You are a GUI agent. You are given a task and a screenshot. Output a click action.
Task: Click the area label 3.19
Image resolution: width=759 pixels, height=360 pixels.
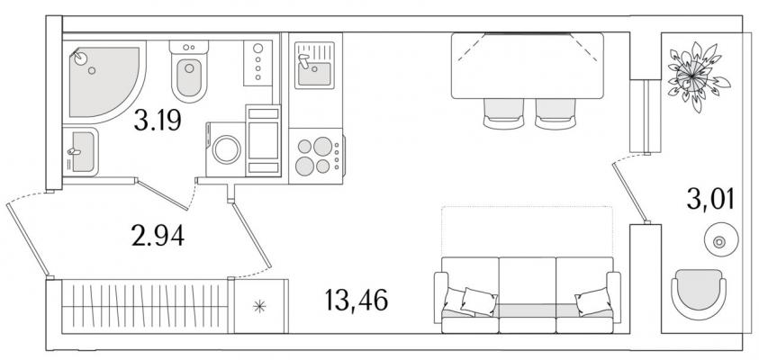(158, 121)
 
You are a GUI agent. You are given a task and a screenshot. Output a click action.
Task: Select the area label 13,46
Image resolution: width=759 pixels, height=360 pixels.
(357, 301)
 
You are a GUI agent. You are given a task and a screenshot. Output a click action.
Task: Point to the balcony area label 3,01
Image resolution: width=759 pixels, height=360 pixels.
(710, 199)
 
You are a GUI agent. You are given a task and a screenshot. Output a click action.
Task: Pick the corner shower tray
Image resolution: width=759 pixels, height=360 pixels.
(104, 82)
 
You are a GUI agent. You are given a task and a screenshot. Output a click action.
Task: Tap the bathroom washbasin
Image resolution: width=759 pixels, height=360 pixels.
(81, 152)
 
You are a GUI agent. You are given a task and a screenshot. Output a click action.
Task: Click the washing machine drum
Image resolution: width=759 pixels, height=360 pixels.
(227, 149)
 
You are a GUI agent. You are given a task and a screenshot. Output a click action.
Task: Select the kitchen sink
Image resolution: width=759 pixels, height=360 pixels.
(314, 66)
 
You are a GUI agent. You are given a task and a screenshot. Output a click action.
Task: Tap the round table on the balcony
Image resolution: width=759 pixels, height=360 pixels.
(721, 239)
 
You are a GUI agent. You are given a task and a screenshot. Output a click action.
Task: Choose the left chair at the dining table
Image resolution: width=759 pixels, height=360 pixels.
(503, 113)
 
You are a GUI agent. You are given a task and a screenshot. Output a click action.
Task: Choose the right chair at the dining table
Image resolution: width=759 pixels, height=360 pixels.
(556, 113)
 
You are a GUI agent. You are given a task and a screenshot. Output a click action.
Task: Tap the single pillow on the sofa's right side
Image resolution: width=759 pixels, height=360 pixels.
(593, 301)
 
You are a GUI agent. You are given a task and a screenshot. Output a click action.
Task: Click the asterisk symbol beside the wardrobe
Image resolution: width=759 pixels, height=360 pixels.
(260, 306)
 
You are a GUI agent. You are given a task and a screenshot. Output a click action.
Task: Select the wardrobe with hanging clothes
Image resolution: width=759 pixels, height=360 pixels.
(145, 306)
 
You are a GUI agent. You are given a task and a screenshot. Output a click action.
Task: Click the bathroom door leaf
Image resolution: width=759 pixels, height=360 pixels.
(162, 195)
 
